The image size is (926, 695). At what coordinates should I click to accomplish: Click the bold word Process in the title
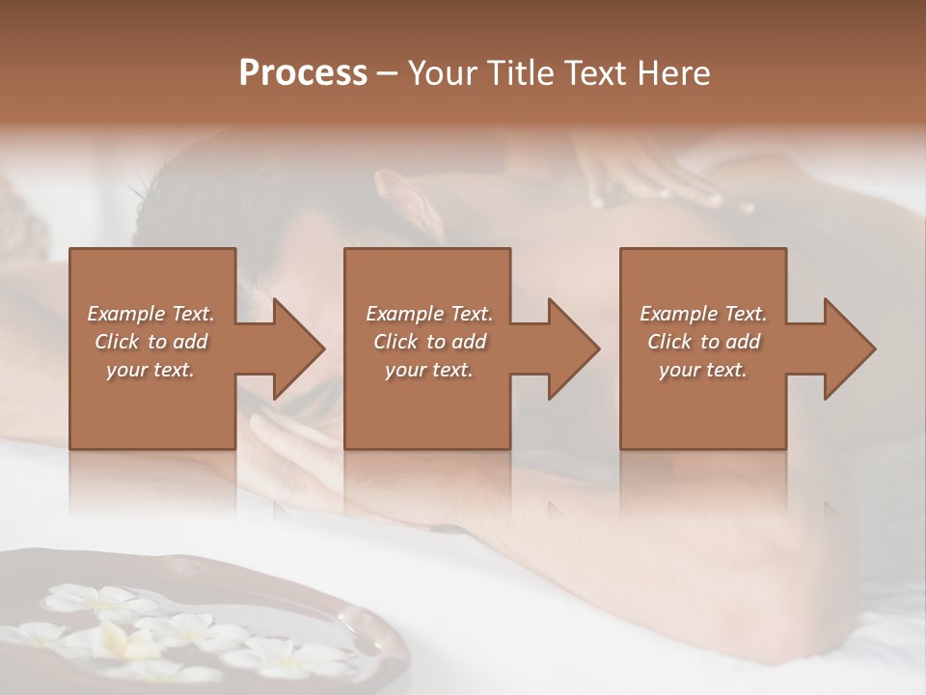(x=303, y=73)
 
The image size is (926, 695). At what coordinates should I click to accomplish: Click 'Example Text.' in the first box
(x=151, y=314)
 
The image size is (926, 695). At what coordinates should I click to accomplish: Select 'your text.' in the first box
(x=151, y=370)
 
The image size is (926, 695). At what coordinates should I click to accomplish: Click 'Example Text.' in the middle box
(x=429, y=314)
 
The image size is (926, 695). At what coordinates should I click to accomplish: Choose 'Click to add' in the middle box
(x=429, y=342)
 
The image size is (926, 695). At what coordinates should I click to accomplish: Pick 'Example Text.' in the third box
(x=703, y=314)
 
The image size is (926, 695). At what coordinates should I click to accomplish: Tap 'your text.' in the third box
(x=703, y=370)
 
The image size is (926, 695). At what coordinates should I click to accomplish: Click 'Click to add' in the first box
(x=151, y=342)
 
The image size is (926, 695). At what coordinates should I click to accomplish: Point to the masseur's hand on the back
(x=656, y=183)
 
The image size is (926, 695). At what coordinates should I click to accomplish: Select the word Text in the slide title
(x=597, y=73)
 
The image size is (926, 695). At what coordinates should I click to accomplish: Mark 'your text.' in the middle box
(x=429, y=370)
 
